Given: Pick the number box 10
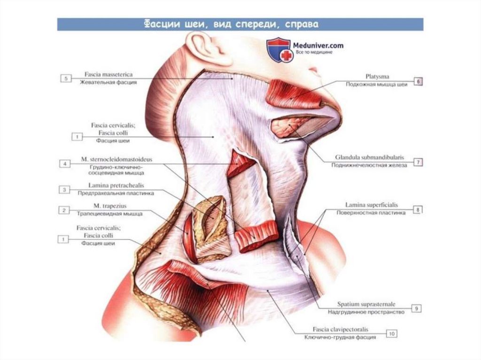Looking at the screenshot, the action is [391, 334].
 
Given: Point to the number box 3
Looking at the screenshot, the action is [64, 190].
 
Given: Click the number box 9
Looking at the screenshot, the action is [416, 308].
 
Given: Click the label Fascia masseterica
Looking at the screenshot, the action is [109, 75].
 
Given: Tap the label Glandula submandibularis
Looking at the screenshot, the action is [370, 158].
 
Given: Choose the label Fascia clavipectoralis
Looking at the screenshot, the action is [342, 329].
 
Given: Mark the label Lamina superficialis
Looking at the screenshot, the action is [371, 205].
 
